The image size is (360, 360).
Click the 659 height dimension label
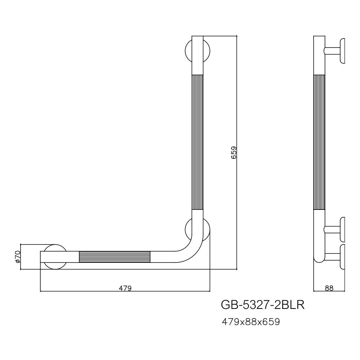(x=233, y=153)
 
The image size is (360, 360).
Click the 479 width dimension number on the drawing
(x=125, y=288)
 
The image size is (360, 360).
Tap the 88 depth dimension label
(x=329, y=288)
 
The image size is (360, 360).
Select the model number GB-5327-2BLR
(x=263, y=305)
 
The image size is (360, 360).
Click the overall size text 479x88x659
(x=251, y=321)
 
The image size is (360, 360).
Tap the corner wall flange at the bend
(x=207, y=230)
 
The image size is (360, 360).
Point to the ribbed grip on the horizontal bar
(x=114, y=257)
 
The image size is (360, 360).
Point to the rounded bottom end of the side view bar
(x=319, y=259)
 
